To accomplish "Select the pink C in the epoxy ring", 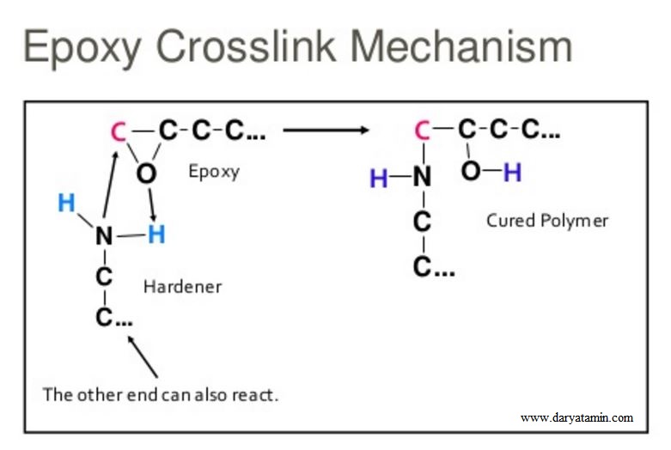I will tap(118, 132).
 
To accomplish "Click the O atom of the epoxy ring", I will tap(147, 173).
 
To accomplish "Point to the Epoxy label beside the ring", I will tap(214, 171).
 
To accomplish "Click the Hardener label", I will tap(181, 286).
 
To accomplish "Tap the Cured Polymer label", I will tap(547, 221).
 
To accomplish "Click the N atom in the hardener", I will tap(104, 234).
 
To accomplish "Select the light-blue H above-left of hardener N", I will tap(66, 204).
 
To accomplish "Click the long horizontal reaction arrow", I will tap(326, 131).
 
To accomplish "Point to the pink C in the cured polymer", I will tap(422, 131).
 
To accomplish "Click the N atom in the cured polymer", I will tap(421, 178).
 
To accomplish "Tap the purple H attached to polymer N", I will tap(378, 179).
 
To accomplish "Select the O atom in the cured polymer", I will tap(470, 172).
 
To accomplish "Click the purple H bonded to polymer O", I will tap(512, 173).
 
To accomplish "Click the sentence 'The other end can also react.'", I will tap(161, 395).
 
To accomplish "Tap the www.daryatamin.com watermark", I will tap(576, 418).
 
